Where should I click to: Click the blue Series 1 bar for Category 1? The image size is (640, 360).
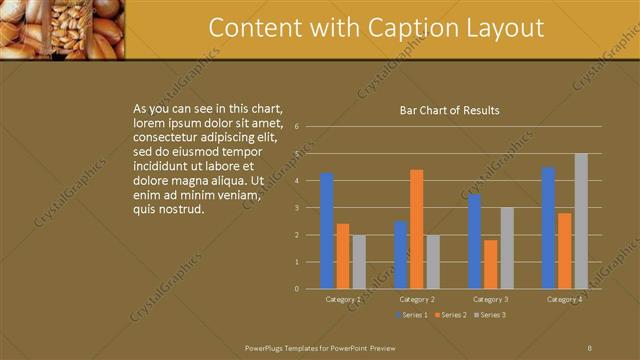coord(327,231)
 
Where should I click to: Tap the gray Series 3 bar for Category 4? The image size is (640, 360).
coord(581,221)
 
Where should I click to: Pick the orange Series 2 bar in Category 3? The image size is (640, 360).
coord(490,264)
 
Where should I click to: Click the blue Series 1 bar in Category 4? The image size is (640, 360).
coord(548,228)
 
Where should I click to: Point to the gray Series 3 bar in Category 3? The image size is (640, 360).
coord(507,248)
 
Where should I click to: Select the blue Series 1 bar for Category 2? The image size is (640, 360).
coord(400,255)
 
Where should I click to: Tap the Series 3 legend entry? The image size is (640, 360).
coord(489,315)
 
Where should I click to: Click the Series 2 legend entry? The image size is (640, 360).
coord(450,315)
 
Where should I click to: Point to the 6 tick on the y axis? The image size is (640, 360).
coord(296,127)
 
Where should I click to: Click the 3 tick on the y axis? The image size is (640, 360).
coord(296,208)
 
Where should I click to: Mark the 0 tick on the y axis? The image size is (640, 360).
coord(296,289)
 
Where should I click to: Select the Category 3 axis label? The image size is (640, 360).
coord(490,299)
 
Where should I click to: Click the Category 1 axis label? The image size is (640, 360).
coord(343,299)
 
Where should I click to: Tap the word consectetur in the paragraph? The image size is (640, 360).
coord(169,135)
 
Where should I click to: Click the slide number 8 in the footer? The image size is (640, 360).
coord(589,346)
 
